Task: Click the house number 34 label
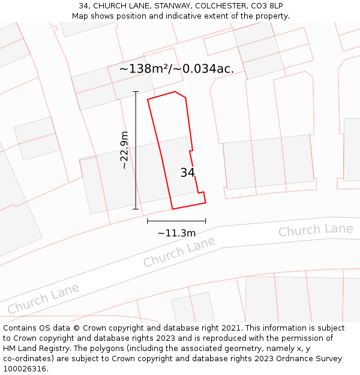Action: (x=187, y=173)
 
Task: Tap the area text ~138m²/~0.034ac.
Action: (x=176, y=69)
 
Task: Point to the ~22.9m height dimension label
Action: (x=124, y=150)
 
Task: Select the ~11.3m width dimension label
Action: (x=176, y=233)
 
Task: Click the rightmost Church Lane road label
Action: (x=316, y=230)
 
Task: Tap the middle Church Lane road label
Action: (x=179, y=252)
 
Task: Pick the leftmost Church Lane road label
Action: (x=43, y=299)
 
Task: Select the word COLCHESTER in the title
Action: (x=211, y=6)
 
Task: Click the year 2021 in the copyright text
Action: (x=231, y=328)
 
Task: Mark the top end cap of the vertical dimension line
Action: (x=136, y=92)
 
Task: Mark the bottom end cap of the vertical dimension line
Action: (x=136, y=209)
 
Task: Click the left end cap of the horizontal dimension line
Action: (x=148, y=221)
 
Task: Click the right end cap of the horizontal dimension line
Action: (x=206, y=221)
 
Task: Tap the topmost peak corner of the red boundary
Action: (x=175, y=92)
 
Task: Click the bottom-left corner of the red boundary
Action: (x=173, y=209)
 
